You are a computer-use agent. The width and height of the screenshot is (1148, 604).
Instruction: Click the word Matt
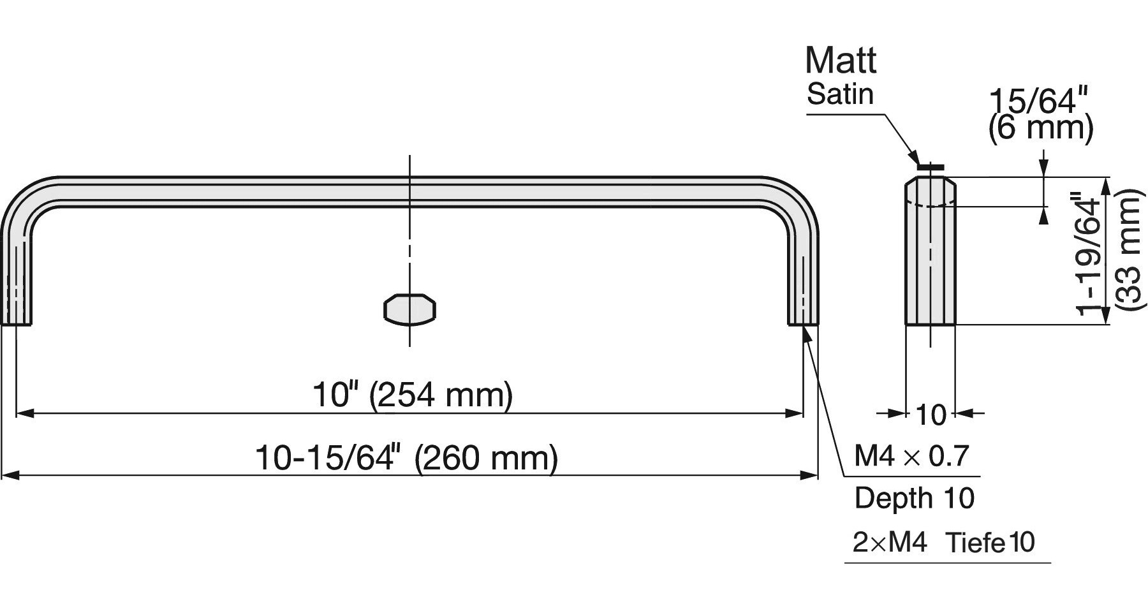pyautogui.click(x=840, y=61)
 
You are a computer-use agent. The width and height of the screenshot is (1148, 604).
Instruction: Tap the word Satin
pyautogui.click(x=839, y=94)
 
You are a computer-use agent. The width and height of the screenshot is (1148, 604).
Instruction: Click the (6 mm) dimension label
pyautogui.click(x=1040, y=128)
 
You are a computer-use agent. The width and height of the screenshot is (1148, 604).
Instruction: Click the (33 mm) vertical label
pyautogui.click(x=1128, y=250)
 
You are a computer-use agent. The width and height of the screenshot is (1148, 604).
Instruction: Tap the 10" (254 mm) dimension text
pyautogui.click(x=412, y=395)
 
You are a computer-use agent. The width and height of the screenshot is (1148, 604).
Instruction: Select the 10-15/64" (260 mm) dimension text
pyautogui.click(x=406, y=458)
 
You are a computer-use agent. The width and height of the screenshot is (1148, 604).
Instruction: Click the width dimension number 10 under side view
pyautogui.click(x=931, y=415)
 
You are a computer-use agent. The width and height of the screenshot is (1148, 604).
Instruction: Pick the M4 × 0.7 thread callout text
pyautogui.click(x=911, y=456)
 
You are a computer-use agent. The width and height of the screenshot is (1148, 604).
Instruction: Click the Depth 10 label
pyautogui.click(x=914, y=498)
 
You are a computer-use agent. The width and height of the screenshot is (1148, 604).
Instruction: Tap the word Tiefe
pyautogui.click(x=975, y=543)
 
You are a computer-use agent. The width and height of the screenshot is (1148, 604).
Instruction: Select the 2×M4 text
pyautogui.click(x=889, y=543)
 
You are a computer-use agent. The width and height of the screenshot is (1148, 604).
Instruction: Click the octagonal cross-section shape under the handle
pyautogui.click(x=410, y=309)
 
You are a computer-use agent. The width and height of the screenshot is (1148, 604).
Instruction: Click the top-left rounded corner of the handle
pyautogui.click(x=29, y=198)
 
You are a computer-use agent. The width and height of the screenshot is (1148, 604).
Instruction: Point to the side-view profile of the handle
pyautogui.click(x=931, y=255)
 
